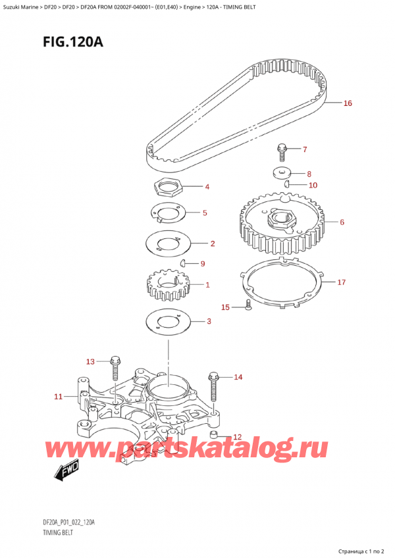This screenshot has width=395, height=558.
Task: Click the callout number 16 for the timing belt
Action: [x=348, y=103]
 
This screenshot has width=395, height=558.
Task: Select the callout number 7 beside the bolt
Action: [x=304, y=149]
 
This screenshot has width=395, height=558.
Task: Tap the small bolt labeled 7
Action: [x=282, y=151]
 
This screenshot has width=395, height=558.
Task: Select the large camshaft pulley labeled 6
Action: [x=279, y=223]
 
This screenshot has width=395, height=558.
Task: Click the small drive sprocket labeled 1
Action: [x=165, y=286]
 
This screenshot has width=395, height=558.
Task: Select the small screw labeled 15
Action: [x=248, y=305]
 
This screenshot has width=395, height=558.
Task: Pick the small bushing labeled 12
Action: [x=213, y=436]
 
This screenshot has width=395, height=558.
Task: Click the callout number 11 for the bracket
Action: [x=58, y=397]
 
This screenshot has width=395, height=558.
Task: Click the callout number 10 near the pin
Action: [x=313, y=186]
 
